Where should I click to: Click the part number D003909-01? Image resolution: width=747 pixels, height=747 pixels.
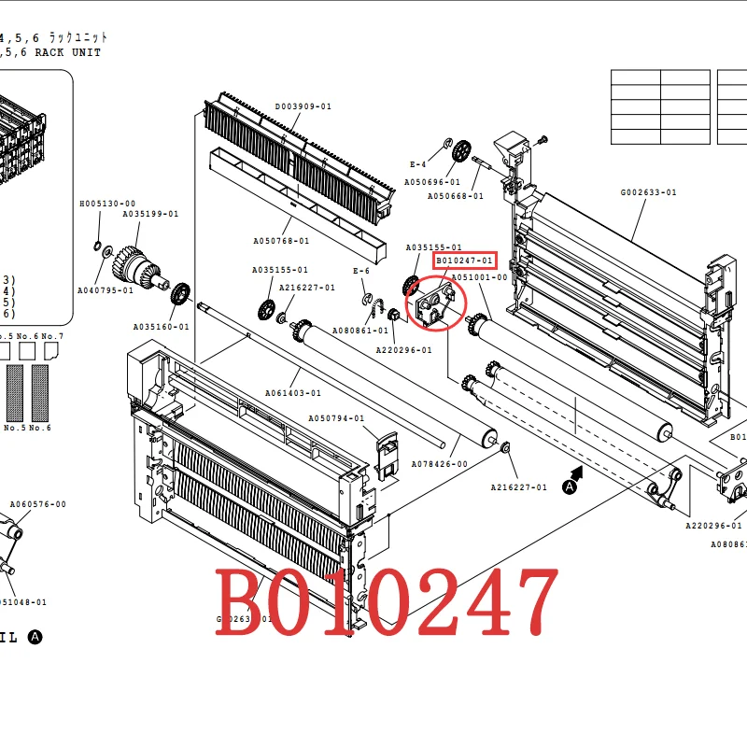303,106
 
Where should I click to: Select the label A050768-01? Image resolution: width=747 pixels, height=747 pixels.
280,241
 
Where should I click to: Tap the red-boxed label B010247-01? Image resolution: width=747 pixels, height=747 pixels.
466,260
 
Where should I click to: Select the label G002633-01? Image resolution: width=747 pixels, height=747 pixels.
648,192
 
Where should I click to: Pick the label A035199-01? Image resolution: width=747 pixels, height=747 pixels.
150,214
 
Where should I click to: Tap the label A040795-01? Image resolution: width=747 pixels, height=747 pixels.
105,290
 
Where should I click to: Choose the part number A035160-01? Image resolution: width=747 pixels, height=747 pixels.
161,327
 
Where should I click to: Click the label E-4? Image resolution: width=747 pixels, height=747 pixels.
417,164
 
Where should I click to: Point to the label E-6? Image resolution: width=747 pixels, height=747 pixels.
361,271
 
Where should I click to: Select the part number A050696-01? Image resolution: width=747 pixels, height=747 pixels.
432,182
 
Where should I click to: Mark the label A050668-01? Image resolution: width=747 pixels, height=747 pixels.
456,196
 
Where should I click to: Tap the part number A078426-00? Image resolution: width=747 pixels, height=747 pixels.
440,464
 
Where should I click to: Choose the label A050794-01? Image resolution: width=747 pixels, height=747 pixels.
336,418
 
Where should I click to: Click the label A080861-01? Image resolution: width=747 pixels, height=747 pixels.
360,331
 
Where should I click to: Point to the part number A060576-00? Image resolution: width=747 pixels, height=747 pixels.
38,504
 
